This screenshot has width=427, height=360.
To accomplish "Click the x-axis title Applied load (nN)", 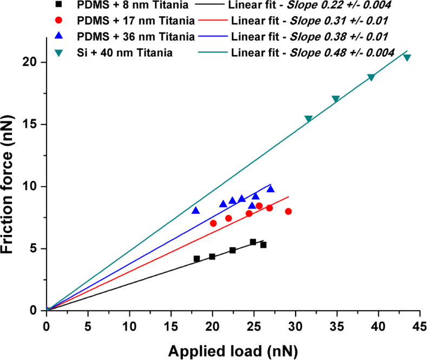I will (233, 351).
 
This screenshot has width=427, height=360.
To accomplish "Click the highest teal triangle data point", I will (407, 57).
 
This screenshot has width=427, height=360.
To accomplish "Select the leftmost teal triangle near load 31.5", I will (308, 119).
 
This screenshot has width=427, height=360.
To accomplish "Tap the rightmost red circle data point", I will (288, 211).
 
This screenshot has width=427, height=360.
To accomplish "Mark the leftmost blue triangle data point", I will (196, 210).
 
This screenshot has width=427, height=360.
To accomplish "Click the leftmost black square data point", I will (196, 259).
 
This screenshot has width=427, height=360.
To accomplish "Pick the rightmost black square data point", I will (263, 245).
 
